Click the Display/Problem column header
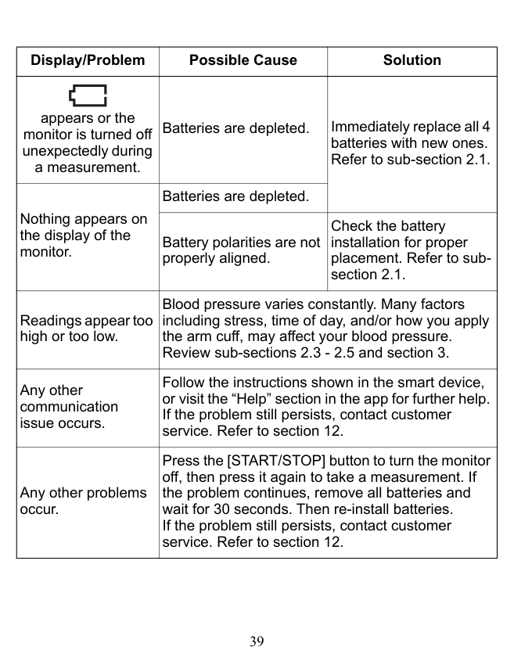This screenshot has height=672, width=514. tap(88, 60)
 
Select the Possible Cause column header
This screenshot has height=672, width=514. tap(243, 60)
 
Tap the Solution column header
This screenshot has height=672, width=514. tap(412, 60)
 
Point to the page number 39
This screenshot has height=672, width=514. tap(257, 642)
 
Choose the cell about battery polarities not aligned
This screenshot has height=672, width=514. tap(243, 250)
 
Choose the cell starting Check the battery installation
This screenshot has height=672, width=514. tap(412, 250)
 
